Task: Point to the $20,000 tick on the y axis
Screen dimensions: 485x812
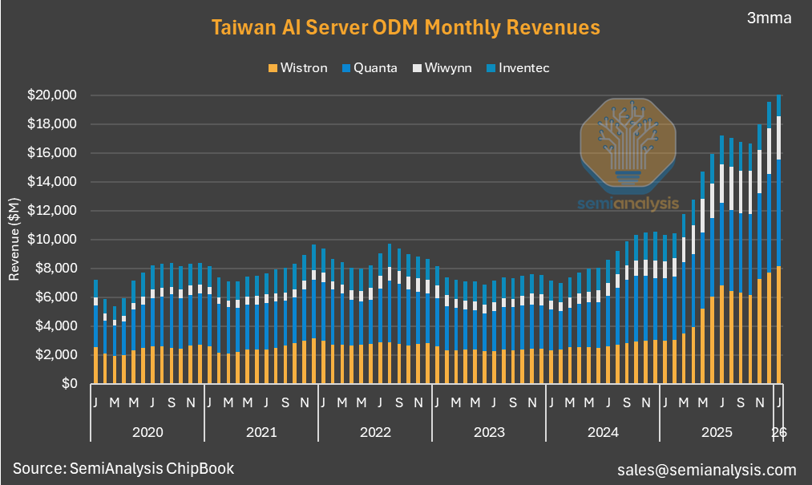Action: pyautogui.click(x=52, y=95)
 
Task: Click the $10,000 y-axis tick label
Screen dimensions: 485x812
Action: pyautogui.click(x=52, y=240)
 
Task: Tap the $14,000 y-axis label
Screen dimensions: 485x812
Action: pyautogui.click(x=52, y=182)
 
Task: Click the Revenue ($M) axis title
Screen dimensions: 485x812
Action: pyautogui.click(x=14, y=240)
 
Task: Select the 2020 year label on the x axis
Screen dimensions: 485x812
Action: pyautogui.click(x=147, y=432)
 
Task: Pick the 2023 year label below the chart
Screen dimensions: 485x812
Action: pyautogui.click(x=488, y=432)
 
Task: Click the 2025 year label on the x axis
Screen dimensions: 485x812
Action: pyautogui.click(x=716, y=432)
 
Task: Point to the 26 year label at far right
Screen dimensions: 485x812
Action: pyautogui.click(x=779, y=432)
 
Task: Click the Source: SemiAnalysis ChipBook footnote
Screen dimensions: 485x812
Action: pyautogui.click(x=123, y=468)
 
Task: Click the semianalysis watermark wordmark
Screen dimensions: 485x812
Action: pyautogui.click(x=628, y=204)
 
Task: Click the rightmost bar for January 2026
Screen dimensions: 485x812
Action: pyautogui.click(x=779, y=240)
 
